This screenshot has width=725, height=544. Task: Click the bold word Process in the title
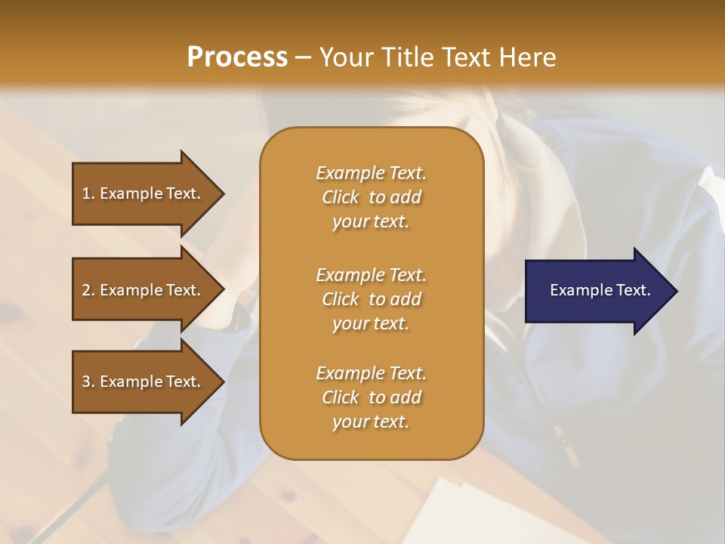coord(237,57)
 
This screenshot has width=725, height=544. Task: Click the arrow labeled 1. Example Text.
coord(143,193)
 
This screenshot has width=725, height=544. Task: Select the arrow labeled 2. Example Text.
coord(143,290)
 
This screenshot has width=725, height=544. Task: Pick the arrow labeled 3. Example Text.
coord(143,382)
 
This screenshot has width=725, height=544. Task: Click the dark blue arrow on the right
coord(597,291)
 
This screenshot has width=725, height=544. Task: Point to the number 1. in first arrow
coord(88,193)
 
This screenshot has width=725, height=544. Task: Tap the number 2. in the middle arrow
coord(88,290)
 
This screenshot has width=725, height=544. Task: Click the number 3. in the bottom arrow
coord(88,382)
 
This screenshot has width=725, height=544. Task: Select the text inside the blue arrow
coord(600,290)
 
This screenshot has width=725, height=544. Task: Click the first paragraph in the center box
coord(371,197)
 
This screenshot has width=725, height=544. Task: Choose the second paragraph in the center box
coord(371,299)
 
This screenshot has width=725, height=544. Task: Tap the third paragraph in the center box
coord(371,397)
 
